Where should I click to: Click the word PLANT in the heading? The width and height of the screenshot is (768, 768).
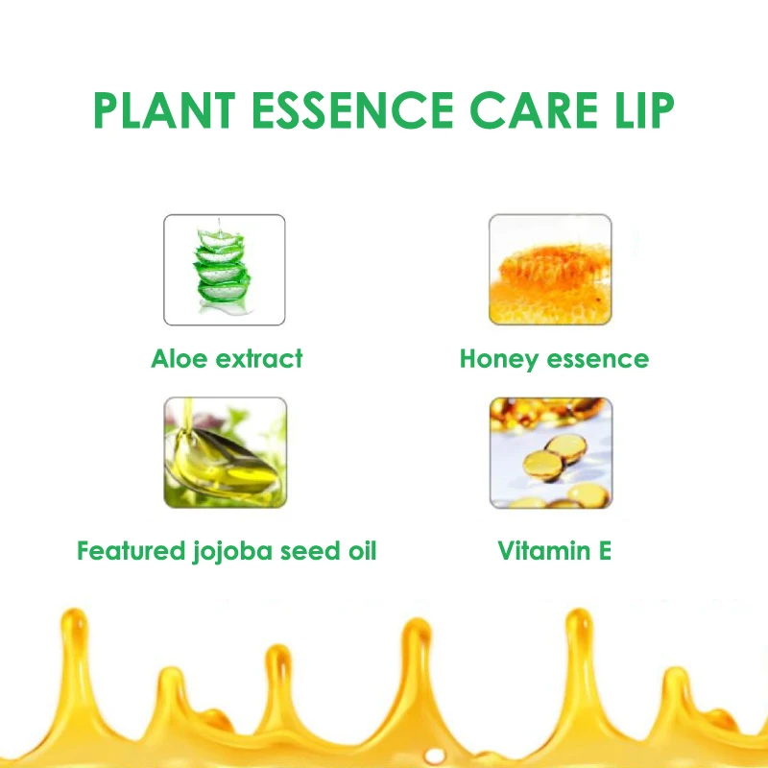[x=164, y=110]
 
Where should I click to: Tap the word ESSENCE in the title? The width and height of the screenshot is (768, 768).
[x=352, y=110]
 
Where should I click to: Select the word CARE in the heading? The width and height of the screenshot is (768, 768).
[x=534, y=110]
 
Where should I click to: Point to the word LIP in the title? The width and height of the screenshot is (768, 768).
[x=644, y=110]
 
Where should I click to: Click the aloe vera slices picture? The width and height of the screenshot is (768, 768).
[x=225, y=270]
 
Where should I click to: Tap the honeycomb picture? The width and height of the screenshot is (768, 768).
[x=550, y=270]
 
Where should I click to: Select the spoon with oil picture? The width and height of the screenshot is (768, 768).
[x=226, y=452]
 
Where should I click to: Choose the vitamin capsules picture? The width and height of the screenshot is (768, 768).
[x=551, y=452]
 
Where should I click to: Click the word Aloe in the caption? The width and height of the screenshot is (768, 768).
[x=180, y=358]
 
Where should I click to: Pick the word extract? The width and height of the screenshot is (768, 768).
[x=259, y=359]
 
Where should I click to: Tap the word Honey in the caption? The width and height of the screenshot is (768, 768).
[x=499, y=359]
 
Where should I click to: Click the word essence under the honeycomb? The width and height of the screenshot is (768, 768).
[x=598, y=360]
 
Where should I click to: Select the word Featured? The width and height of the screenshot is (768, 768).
[x=132, y=551]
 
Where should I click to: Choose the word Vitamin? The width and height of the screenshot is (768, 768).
[x=544, y=551]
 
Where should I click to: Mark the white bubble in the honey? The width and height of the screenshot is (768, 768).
[x=435, y=756]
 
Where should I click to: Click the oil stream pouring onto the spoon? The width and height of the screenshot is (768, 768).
[x=186, y=416]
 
